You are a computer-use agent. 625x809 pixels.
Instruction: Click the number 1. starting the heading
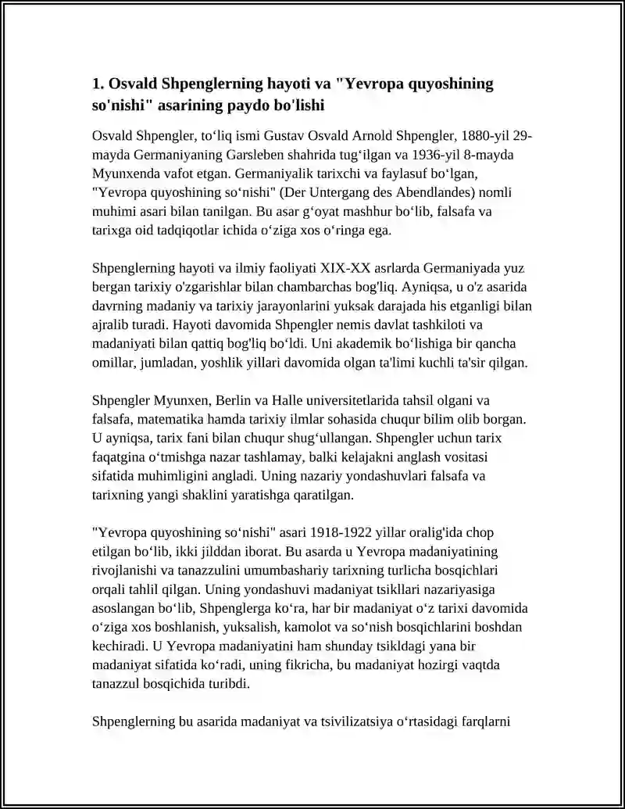click(x=98, y=84)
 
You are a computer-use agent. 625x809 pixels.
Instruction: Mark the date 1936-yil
click(x=441, y=155)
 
